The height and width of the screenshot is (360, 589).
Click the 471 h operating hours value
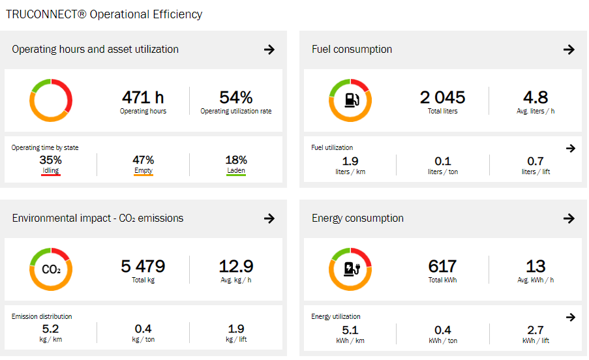tap(143, 98)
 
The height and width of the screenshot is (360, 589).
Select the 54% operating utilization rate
tap(235, 98)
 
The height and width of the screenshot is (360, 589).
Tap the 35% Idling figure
tap(50, 160)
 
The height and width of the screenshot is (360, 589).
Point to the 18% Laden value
tap(235, 160)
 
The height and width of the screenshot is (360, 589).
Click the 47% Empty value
tap(143, 160)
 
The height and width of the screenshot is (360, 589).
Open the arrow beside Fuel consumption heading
tap(569, 50)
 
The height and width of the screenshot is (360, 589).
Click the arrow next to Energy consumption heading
tap(569, 218)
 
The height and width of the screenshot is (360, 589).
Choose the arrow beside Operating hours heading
tap(269, 50)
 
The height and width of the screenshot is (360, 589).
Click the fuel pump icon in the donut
tap(350, 100)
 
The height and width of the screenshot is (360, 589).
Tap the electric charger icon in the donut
tap(350, 269)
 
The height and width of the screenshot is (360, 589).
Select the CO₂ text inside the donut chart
tap(51, 269)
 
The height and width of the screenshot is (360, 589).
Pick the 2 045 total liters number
tap(442, 98)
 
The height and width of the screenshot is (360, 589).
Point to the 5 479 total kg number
tap(143, 267)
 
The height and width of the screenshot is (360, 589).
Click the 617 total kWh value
tap(442, 267)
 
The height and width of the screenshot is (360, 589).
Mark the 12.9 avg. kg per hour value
tap(235, 267)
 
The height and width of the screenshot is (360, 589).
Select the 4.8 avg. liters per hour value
tap(535, 98)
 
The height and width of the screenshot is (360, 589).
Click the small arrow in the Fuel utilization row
tap(571, 149)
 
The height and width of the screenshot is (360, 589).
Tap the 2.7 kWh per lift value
tap(535, 330)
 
